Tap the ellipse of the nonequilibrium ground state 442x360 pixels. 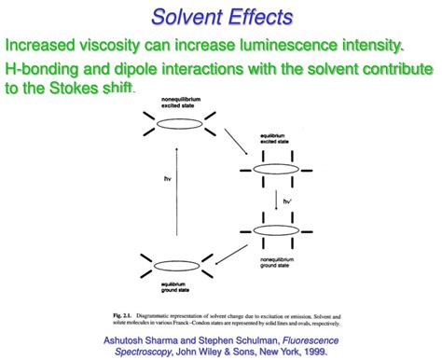268,230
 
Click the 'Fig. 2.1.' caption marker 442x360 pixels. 123,309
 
